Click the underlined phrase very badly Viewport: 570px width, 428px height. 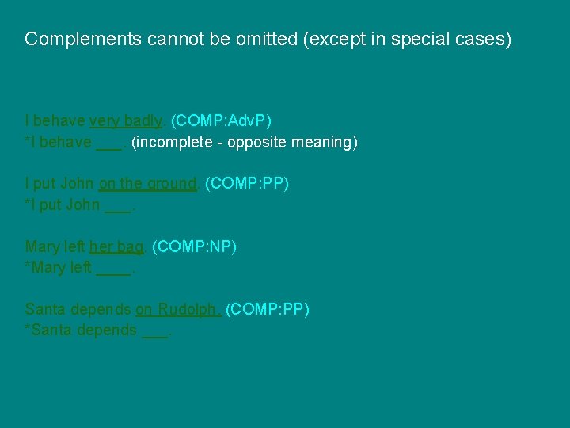click(x=126, y=120)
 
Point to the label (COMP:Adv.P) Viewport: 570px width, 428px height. click(x=221, y=120)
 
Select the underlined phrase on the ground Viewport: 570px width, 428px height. click(x=147, y=183)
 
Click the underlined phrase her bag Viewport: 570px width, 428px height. click(x=116, y=246)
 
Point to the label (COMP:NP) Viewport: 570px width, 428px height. click(x=194, y=246)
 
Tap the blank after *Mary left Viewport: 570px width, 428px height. click(x=113, y=270)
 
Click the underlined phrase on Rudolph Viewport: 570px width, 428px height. click(x=178, y=308)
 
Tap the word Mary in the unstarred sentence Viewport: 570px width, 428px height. click(x=41, y=246)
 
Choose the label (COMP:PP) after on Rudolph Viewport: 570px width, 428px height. click(x=268, y=308)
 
